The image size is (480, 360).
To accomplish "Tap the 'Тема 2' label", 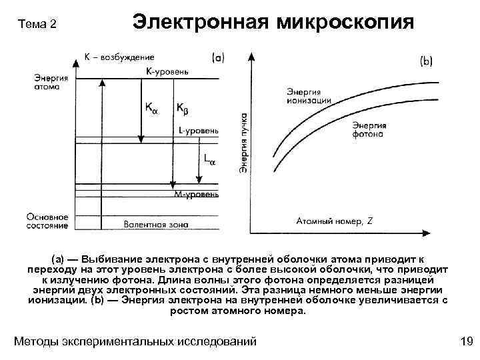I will click(x=38, y=25).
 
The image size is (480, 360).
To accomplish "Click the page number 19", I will click(x=466, y=341).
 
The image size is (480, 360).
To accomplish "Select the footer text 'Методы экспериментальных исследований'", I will click(x=135, y=341).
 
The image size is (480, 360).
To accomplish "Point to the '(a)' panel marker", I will click(x=218, y=58).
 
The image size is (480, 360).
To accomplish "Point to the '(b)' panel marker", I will click(x=426, y=61).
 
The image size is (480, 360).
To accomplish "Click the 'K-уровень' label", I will click(x=168, y=71).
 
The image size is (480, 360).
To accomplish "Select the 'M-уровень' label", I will click(x=195, y=195).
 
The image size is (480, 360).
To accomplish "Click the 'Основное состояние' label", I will click(x=48, y=221).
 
